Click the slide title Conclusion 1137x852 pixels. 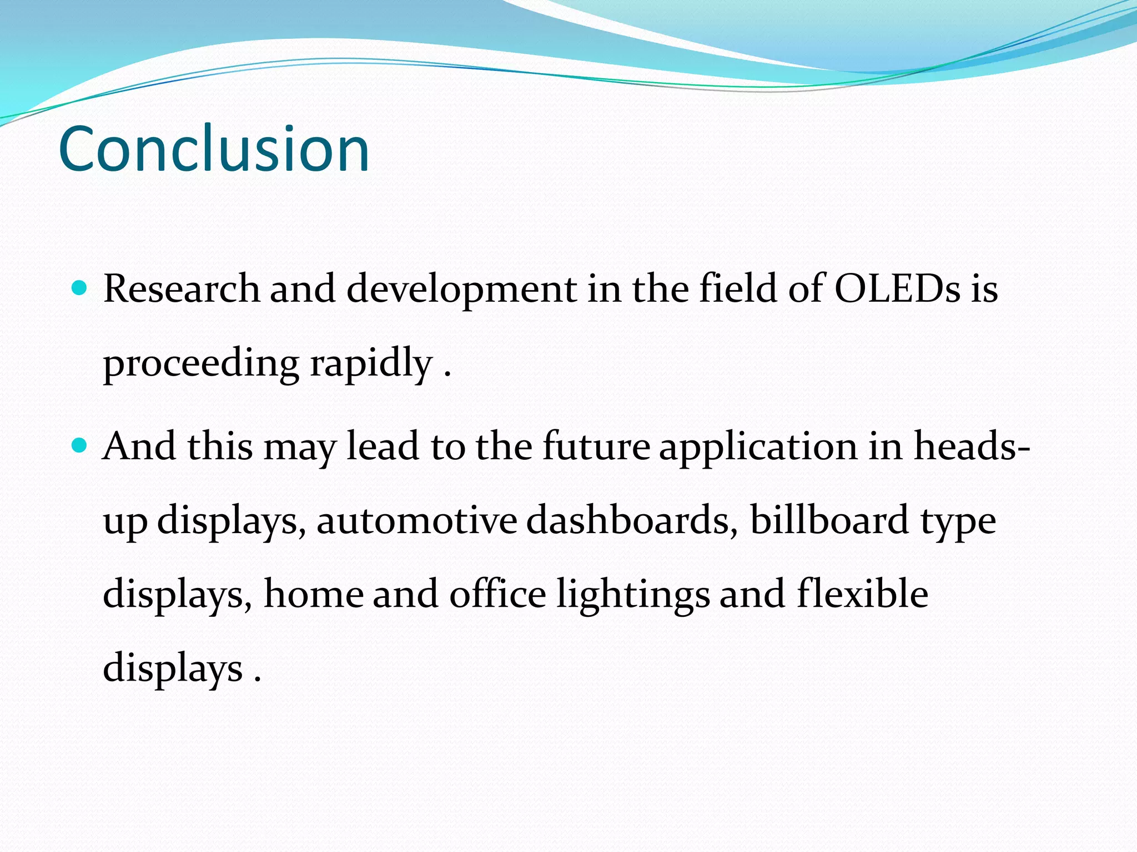(214, 149)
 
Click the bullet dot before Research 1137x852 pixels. (80, 287)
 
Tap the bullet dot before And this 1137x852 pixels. (80, 445)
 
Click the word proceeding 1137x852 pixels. (201, 364)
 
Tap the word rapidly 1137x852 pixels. (371, 364)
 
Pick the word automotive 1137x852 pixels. (416, 520)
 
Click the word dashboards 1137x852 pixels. (632, 520)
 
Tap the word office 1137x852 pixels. (497, 594)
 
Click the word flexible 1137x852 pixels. (862, 594)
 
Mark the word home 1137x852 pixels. (313, 594)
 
